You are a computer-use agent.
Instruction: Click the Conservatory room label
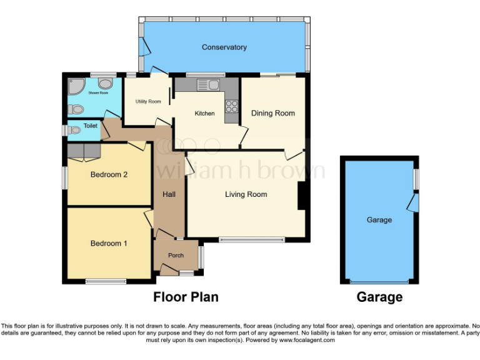(x=224, y=47)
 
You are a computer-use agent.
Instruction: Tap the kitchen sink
(x=207, y=84)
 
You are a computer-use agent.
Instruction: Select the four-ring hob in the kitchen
(x=231, y=106)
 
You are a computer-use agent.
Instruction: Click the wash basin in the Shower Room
(x=106, y=84)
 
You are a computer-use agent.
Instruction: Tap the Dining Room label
(x=272, y=113)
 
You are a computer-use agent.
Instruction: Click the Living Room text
(x=246, y=194)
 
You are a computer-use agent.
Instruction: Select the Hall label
(x=169, y=194)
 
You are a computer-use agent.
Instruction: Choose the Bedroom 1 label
(x=109, y=243)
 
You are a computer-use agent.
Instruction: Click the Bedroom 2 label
(x=109, y=174)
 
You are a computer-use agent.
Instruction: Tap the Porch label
(x=176, y=255)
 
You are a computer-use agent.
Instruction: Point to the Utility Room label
(x=148, y=101)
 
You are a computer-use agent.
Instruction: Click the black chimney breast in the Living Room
(x=301, y=195)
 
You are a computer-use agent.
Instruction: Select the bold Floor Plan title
(x=186, y=297)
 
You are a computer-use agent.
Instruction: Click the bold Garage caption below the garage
(x=379, y=297)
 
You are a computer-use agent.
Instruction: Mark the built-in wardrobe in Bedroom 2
(x=84, y=151)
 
